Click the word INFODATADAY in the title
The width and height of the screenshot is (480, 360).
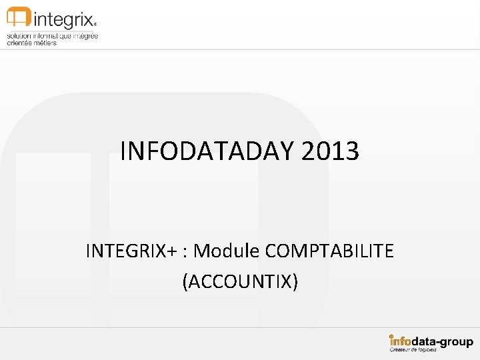[x=207, y=151]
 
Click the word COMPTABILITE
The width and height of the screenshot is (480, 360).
[x=329, y=251]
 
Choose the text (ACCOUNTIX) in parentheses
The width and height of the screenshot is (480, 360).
[x=240, y=282]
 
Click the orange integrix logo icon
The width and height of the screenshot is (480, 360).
[x=19, y=17]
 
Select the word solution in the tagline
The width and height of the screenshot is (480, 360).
[x=19, y=35]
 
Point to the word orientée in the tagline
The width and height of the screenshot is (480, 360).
[x=20, y=43]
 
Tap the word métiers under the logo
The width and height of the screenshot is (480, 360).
[x=45, y=43]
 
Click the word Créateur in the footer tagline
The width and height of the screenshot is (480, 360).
[x=402, y=350]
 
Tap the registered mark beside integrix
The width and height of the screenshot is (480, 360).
[x=95, y=21]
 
